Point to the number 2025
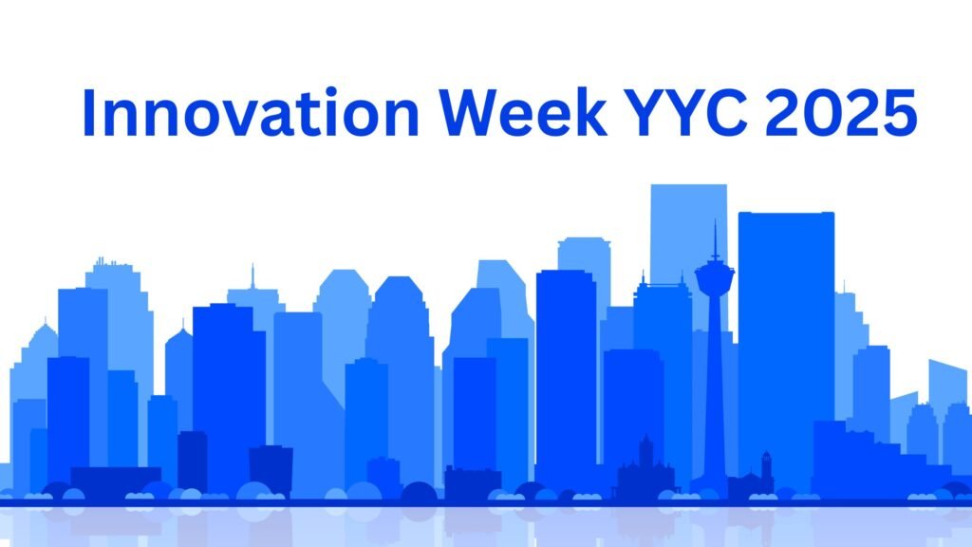pos(848,112)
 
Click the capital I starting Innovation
pos(89,112)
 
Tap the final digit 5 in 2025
pos(900,112)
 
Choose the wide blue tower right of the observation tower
pos(786,332)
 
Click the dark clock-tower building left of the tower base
pos(645,470)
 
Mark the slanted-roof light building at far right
pos(946,380)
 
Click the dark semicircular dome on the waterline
pos(419,492)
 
